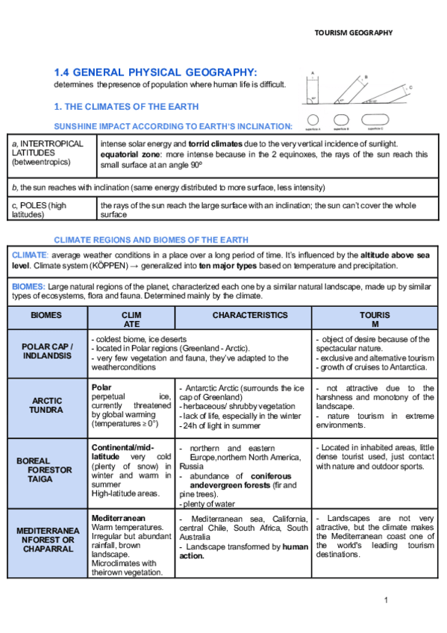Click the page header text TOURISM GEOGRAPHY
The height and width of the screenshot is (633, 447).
tap(353, 33)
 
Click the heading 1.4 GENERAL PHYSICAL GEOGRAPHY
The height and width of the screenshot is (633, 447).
tap(155, 72)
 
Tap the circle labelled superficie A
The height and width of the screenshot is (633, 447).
tap(313, 119)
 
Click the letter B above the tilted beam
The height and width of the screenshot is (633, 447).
tap(365, 77)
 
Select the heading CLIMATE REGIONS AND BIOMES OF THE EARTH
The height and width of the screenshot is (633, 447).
tap(151, 240)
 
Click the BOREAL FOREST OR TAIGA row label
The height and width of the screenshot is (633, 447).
tap(45, 470)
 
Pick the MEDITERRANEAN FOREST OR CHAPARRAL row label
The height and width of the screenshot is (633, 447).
tap(47, 540)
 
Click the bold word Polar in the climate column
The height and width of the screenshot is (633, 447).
tap(101, 387)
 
